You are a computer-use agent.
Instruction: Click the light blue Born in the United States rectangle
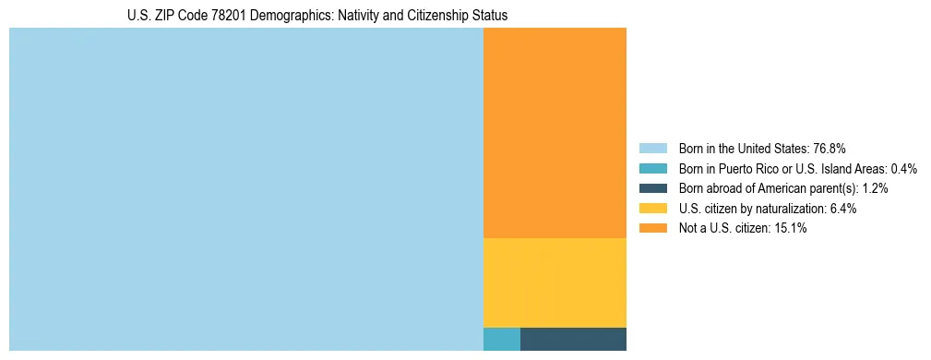click(245, 189)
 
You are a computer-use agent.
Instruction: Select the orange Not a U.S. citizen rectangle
click(555, 133)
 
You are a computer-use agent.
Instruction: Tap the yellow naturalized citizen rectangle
click(555, 282)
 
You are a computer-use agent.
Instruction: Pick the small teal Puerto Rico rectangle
click(501, 339)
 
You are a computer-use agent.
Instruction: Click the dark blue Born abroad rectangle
click(573, 339)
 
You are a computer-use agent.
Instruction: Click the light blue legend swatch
click(652, 148)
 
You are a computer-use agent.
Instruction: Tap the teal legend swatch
click(652, 168)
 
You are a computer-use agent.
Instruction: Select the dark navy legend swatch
click(652, 188)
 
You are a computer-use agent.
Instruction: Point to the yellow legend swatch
click(652, 209)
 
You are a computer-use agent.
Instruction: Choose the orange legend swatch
click(652, 229)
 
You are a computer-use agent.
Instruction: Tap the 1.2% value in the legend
click(876, 188)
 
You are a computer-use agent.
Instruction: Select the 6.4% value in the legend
click(842, 209)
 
